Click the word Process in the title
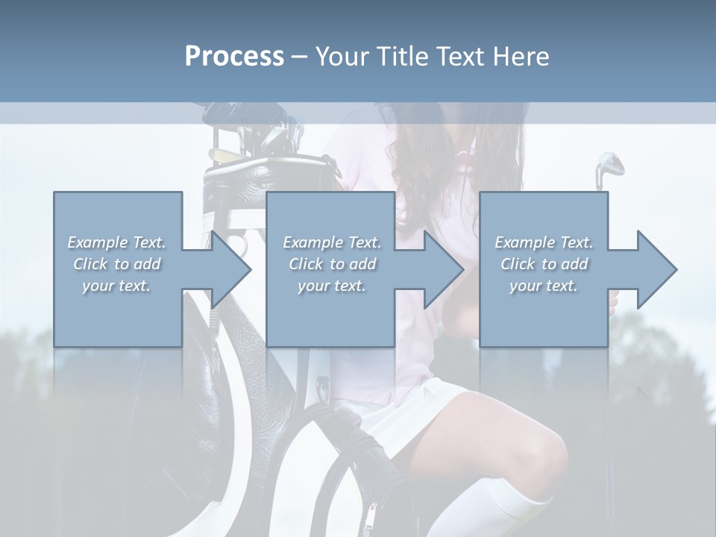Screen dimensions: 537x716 coord(234,57)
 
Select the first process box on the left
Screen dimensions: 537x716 coord(118,224)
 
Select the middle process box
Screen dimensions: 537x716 coord(330,224)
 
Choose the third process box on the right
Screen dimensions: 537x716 coord(544,224)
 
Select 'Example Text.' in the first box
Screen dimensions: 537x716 coord(116,242)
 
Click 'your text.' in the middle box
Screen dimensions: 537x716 coord(331,286)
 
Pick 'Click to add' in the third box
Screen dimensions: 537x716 coord(544,264)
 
